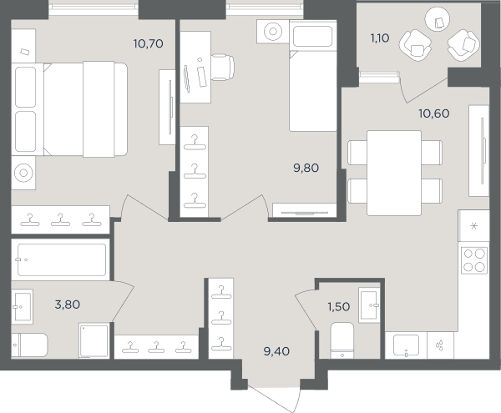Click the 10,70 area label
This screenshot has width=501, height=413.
[149, 43]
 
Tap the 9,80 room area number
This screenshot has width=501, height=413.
[306, 168]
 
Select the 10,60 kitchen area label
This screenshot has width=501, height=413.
[434, 113]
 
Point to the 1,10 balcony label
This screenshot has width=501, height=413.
[380, 38]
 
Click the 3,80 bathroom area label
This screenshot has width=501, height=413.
[68, 305]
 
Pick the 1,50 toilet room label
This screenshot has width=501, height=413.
[339, 307]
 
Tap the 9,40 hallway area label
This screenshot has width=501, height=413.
[276, 351]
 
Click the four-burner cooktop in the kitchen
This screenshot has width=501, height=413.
[474, 260]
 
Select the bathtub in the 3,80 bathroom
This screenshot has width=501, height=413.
[62, 259]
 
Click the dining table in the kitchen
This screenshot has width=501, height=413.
[394, 173]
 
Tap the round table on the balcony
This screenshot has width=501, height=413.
[438, 18]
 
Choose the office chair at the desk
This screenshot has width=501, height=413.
[222, 68]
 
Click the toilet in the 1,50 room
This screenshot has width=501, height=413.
[342, 340]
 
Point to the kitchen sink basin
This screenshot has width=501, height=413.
[406, 345]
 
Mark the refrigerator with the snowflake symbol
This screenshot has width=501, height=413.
[473, 225]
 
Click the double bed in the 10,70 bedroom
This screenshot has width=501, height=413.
[69, 109]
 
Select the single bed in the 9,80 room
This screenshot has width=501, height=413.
[313, 75]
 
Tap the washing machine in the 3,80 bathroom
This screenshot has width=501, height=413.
[94, 340]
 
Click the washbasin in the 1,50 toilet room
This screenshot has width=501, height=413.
[369, 305]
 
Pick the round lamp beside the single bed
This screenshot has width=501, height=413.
[273, 31]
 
